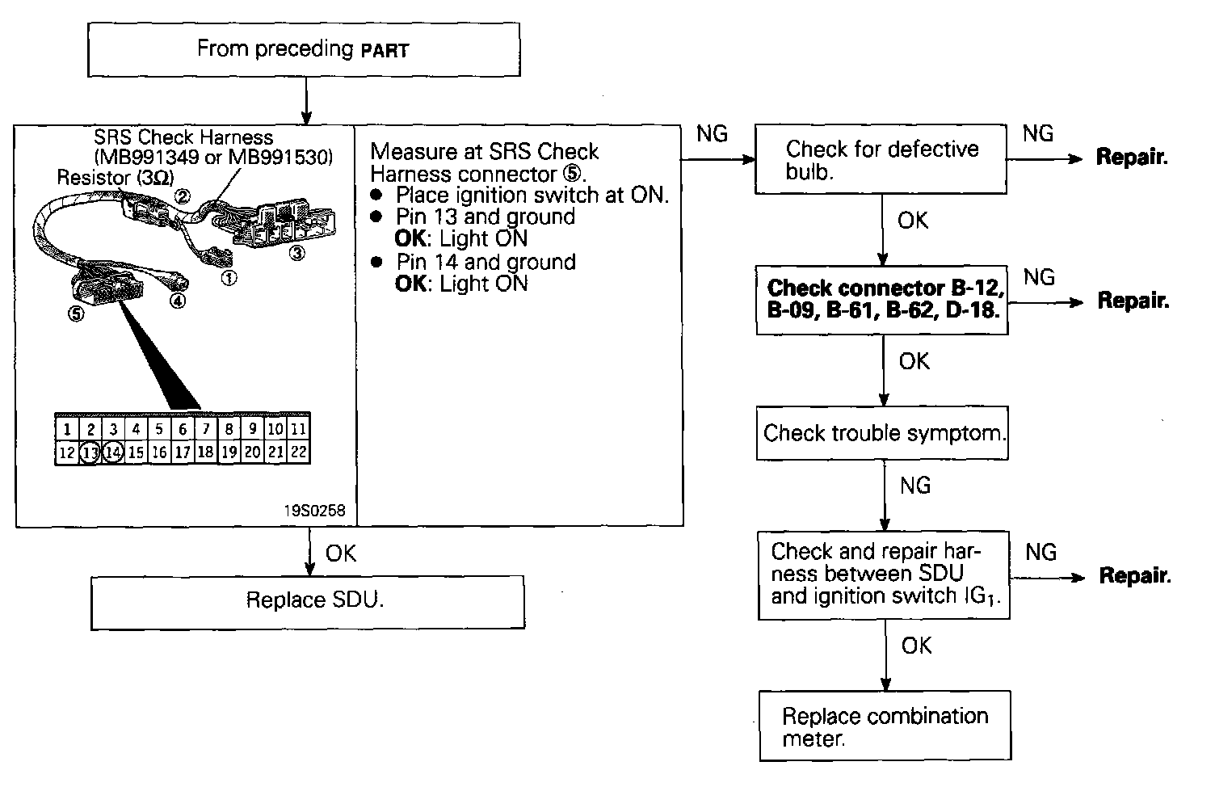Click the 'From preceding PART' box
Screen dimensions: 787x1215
click(303, 49)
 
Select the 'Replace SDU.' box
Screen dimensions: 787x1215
click(307, 602)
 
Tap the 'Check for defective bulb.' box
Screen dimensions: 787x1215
click(881, 159)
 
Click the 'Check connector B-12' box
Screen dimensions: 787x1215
click(882, 300)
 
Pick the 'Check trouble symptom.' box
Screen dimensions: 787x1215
click(882, 434)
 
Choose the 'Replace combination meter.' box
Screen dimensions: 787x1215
click(885, 726)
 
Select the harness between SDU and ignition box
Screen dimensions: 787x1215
click(884, 574)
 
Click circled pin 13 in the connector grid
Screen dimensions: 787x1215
click(90, 452)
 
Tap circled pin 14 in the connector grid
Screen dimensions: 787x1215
click(113, 452)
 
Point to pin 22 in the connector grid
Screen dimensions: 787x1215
click(299, 452)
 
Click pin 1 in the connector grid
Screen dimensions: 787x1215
click(67, 429)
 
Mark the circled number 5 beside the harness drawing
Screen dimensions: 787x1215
click(76, 315)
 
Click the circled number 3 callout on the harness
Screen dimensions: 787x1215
click(298, 253)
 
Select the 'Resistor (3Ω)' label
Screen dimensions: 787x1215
click(115, 177)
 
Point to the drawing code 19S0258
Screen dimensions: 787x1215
click(314, 511)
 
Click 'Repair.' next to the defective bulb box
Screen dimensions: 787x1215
click(1132, 158)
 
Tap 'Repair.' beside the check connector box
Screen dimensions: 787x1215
click(1133, 301)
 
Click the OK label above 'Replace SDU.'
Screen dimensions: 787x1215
click(340, 553)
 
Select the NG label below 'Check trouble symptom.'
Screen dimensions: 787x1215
click(914, 486)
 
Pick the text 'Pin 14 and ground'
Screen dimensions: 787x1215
click(486, 263)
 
